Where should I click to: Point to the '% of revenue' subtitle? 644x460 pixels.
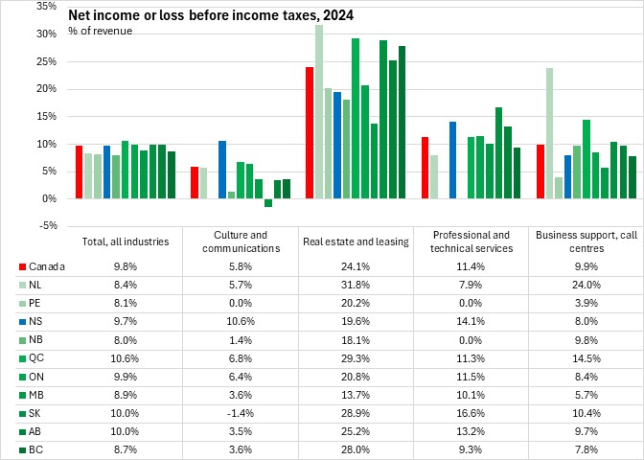tap(100, 32)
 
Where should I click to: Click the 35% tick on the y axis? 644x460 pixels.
tap(44, 6)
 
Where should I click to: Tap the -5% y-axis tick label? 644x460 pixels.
tap(45, 226)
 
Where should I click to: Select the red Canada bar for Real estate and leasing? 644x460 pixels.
tap(310, 132)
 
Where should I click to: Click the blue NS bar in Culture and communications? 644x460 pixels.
tap(222, 170)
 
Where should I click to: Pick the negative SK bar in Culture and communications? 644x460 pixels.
tap(268, 202)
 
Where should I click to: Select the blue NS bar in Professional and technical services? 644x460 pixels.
tap(452, 160)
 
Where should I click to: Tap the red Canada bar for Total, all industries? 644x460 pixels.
tap(79, 172)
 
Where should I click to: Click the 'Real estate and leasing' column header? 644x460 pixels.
tap(356, 241)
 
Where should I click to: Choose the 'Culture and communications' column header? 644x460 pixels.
tap(241, 241)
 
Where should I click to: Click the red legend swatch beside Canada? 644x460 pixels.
tap(22, 266)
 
